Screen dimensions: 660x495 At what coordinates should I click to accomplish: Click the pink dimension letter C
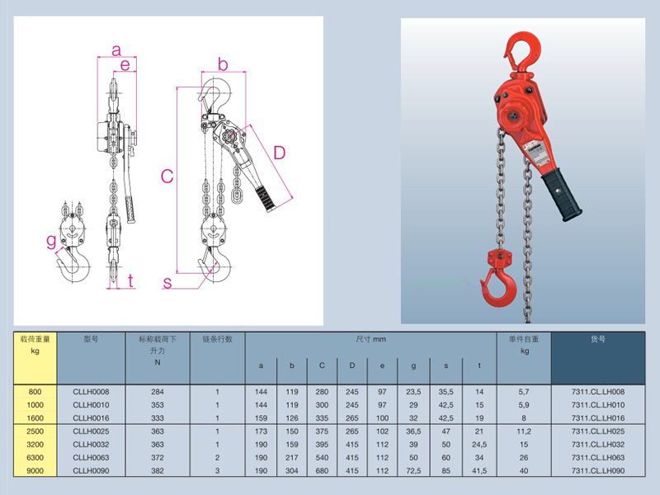(x=167, y=177)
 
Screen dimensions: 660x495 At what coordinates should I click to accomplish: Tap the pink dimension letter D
(x=280, y=153)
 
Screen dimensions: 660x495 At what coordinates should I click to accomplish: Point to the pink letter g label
(x=51, y=242)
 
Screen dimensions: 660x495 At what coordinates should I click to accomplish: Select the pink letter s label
(x=167, y=282)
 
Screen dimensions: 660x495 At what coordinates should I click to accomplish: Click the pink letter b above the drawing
(x=223, y=64)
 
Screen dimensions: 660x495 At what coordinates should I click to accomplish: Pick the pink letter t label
(x=131, y=280)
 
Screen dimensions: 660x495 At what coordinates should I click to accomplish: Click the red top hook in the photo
(x=522, y=53)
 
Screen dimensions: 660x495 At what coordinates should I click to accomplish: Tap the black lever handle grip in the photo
(x=562, y=194)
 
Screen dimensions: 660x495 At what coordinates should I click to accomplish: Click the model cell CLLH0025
(x=91, y=431)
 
